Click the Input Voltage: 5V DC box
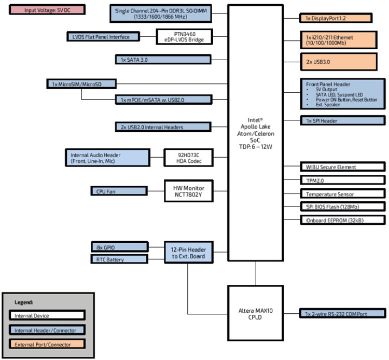[x=47, y=10]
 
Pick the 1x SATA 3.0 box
[x=163, y=60]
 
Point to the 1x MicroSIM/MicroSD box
[x=81, y=84]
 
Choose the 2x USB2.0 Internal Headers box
[x=163, y=127]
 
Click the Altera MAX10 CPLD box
[x=255, y=314]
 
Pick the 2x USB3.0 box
[x=343, y=61]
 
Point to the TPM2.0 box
[x=343, y=180]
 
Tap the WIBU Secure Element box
[x=343, y=167]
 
